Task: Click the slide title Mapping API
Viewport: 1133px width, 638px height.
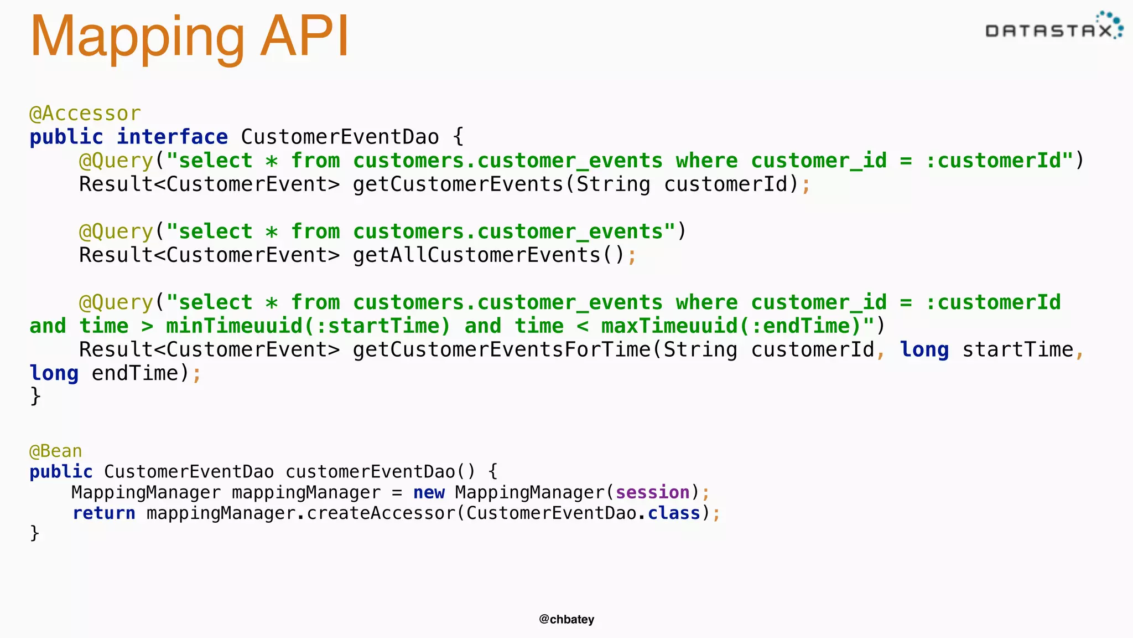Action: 189,37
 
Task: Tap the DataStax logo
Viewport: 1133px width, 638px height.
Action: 1053,28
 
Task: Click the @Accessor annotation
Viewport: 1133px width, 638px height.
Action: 85,114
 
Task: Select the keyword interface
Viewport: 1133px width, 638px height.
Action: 172,137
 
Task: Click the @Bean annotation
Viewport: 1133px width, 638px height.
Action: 55,451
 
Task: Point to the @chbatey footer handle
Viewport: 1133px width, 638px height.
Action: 566,619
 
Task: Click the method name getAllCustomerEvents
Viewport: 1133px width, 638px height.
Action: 476,255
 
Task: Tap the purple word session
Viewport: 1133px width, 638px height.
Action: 652,492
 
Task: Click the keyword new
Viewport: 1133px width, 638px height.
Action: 429,492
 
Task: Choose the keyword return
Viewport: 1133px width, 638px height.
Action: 104,513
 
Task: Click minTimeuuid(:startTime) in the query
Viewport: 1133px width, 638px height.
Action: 308,326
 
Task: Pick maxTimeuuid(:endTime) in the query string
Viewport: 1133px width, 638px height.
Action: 731,326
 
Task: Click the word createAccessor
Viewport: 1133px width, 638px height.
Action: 381,513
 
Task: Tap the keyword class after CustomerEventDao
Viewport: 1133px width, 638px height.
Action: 674,513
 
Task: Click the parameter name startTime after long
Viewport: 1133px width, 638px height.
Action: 1017,350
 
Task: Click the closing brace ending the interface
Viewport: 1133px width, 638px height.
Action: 35,397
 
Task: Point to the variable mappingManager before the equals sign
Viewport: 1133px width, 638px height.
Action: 306,492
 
